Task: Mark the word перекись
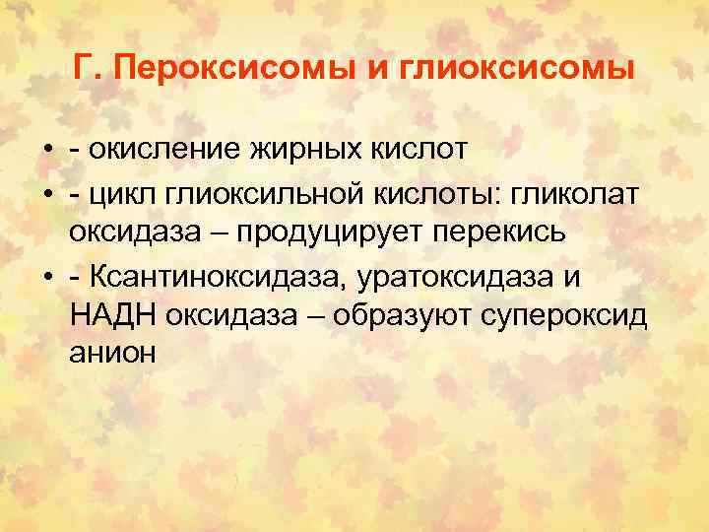click(x=535, y=234)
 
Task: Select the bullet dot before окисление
click(x=47, y=151)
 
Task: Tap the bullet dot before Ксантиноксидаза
click(x=47, y=278)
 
